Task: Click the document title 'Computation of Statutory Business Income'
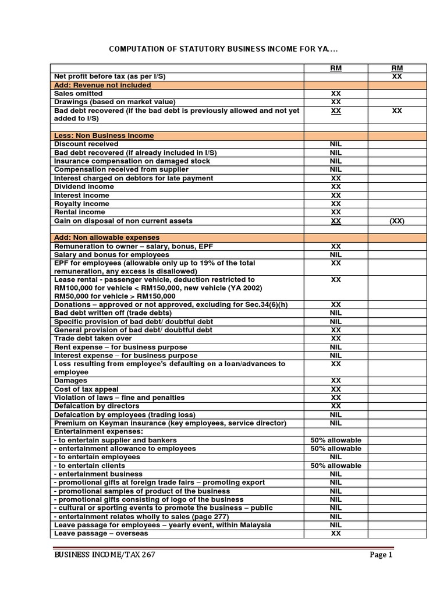[223, 48]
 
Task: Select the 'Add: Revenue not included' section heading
[102, 85]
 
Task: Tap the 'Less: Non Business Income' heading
[104, 136]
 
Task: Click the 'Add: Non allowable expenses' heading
[107, 237]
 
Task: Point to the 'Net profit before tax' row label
[105, 76]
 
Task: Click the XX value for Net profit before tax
[397, 76]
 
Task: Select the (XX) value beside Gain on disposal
[397, 221]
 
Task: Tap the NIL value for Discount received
[336, 144]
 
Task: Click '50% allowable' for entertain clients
[336, 466]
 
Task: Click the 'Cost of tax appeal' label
[86, 389]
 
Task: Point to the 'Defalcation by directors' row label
[97, 406]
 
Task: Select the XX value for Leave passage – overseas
[336, 533]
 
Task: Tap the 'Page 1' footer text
[381, 555]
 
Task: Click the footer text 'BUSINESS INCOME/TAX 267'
[104, 555]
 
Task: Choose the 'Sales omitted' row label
[78, 93]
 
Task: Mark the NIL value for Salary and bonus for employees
[336, 254]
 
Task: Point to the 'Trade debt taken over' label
[93, 338]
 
